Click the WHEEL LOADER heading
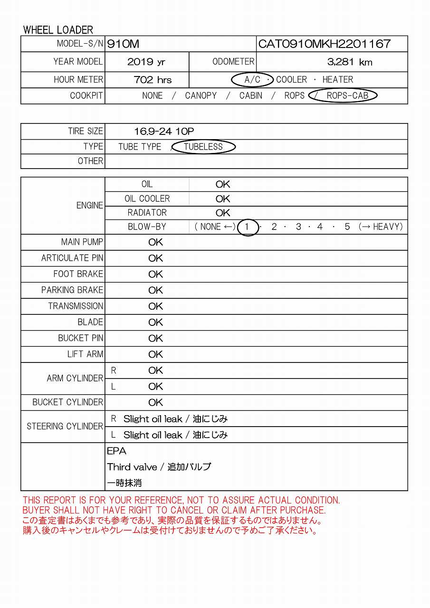coord(58,30)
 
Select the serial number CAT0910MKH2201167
coord(325,44)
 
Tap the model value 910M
coord(123,44)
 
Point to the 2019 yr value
coord(146,62)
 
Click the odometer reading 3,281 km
coord(350,62)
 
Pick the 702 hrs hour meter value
coord(153,80)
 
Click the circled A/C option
coord(252,80)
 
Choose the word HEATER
coord(338,80)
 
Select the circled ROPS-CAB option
coord(347,95)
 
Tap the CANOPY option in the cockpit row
coord(201,95)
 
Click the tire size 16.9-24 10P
coord(164,132)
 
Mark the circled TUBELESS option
coord(203,147)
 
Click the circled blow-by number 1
coord(247,227)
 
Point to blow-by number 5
coord(347,227)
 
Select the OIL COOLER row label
coord(147,199)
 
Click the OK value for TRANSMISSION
coord(155,306)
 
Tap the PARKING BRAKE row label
coord(72,290)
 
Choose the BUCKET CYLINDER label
coord(67,402)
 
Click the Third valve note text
coord(159,467)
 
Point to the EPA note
coord(117,451)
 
